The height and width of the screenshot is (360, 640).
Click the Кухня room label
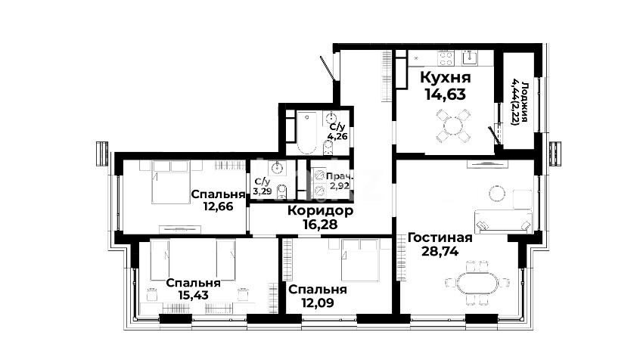click(446, 77)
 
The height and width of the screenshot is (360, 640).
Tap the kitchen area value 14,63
click(446, 95)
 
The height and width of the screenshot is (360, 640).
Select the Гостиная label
click(440, 237)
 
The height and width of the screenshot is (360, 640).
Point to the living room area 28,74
click(440, 251)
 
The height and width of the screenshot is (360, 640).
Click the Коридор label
click(321, 210)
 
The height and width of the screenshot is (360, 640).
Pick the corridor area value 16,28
click(321, 224)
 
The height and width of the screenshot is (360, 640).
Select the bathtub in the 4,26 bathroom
click(306, 132)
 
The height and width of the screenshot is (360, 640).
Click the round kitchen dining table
click(453, 126)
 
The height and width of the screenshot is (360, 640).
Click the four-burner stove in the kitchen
click(445, 58)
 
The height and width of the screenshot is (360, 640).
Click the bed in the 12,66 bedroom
click(171, 182)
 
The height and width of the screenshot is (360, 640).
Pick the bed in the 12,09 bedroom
click(360, 260)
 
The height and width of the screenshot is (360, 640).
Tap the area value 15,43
click(194, 295)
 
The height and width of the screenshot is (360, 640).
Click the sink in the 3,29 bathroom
click(277, 167)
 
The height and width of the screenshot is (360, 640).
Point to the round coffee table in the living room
click(497, 194)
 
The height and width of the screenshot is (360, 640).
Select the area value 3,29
click(262, 191)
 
